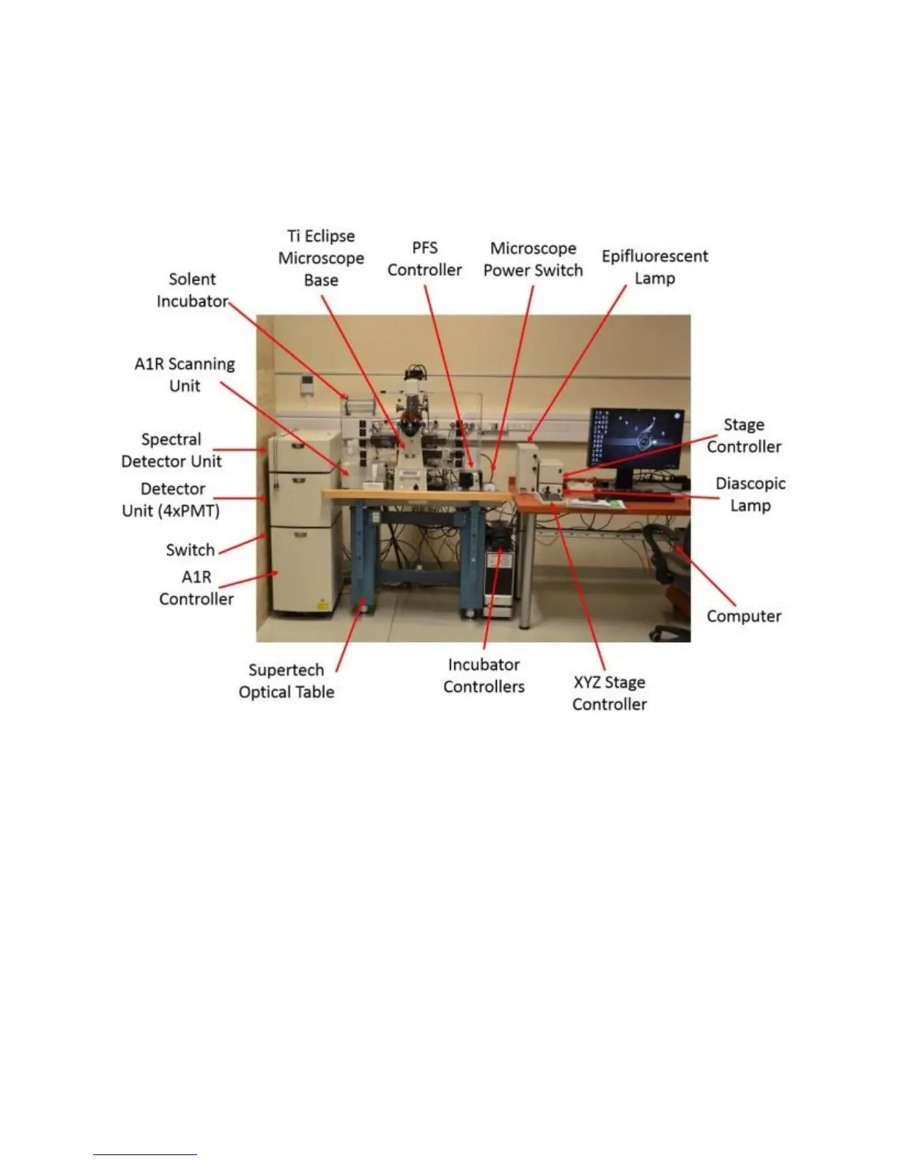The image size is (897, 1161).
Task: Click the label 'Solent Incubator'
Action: pyautogui.click(x=192, y=290)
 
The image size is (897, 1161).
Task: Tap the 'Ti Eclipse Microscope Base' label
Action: pyautogui.click(x=321, y=258)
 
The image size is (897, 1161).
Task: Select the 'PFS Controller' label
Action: pyautogui.click(x=424, y=259)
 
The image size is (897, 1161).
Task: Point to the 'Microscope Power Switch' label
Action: pyautogui.click(x=533, y=259)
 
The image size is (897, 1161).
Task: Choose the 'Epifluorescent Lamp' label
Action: pyautogui.click(x=654, y=267)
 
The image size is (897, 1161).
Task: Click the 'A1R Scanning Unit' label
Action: pyautogui.click(x=185, y=375)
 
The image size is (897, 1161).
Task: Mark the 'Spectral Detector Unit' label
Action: pyautogui.click(x=171, y=450)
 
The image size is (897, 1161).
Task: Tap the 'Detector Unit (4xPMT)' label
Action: pyautogui.click(x=171, y=500)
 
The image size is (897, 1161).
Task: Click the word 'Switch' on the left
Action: pyautogui.click(x=190, y=550)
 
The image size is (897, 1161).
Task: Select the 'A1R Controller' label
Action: pyautogui.click(x=196, y=588)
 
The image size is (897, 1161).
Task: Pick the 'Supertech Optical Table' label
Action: pyautogui.click(x=286, y=681)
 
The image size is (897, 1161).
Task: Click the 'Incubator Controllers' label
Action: pyautogui.click(x=484, y=676)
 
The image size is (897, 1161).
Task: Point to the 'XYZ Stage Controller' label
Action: pyautogui.click(x=609, y=693)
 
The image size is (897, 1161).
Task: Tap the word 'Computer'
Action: pyautogui.click(x=743, y=616)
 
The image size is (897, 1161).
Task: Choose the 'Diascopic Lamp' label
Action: pyautogui.click(x=750, y=495)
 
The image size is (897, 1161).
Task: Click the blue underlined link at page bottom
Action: pyautogui.click(x=145, y=1154)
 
